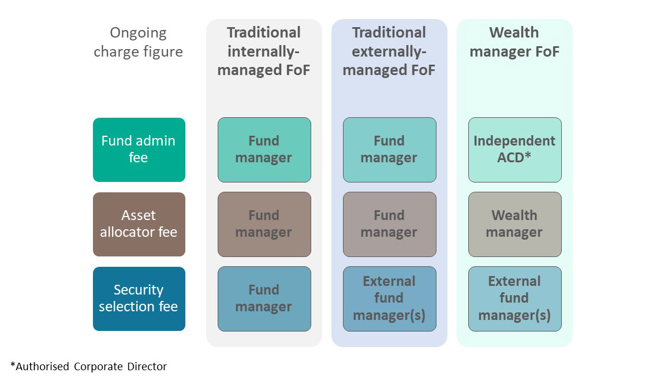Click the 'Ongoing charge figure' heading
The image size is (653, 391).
[138, 42]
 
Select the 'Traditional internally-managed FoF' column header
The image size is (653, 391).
[263, 51]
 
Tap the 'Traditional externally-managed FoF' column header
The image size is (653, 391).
[389, 51]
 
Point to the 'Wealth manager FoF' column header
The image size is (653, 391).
[514, 42]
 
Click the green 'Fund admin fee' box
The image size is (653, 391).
[139, 150]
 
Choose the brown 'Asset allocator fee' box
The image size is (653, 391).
[139, 224]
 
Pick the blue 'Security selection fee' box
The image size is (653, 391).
[139, 299]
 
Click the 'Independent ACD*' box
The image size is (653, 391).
[514, 150]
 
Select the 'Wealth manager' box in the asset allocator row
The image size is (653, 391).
[514, 224]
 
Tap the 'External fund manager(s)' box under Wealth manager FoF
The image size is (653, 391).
[514, 299]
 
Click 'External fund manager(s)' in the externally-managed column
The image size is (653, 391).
[389, 299]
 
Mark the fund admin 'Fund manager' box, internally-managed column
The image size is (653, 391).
[264, 150]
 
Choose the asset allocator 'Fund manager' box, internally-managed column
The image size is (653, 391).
[264, 224]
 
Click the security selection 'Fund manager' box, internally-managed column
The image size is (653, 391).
[264, 299]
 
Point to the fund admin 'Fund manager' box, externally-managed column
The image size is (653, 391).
[389, 150]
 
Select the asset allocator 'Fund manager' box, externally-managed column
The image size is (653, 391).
[389, 224]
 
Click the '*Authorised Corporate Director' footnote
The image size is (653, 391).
[88, 366]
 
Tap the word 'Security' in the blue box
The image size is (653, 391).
[139, 290]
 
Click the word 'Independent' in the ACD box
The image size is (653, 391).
[514, 141]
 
